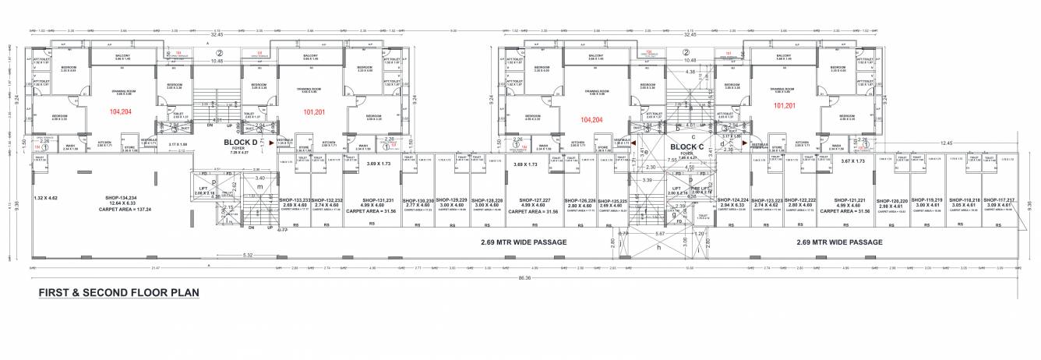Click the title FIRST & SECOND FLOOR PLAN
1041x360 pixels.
point(119,293)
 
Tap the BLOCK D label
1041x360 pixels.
point(240,143)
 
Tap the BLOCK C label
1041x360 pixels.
point(686,146)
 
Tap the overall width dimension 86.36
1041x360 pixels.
point(524,277)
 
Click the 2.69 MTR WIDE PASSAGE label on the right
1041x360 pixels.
point(839,242)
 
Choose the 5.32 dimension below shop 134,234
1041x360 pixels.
point(248,255)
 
